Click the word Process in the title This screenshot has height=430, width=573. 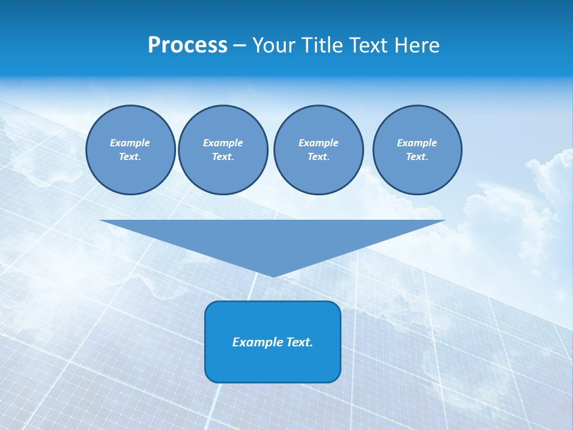[187, 45]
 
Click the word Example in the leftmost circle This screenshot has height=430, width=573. [130, 143]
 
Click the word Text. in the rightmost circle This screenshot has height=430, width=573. [417, 157]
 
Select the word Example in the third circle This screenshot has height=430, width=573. [318, 143]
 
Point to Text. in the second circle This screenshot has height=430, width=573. [223, 157]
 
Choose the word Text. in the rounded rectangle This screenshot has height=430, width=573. [299, 342]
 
